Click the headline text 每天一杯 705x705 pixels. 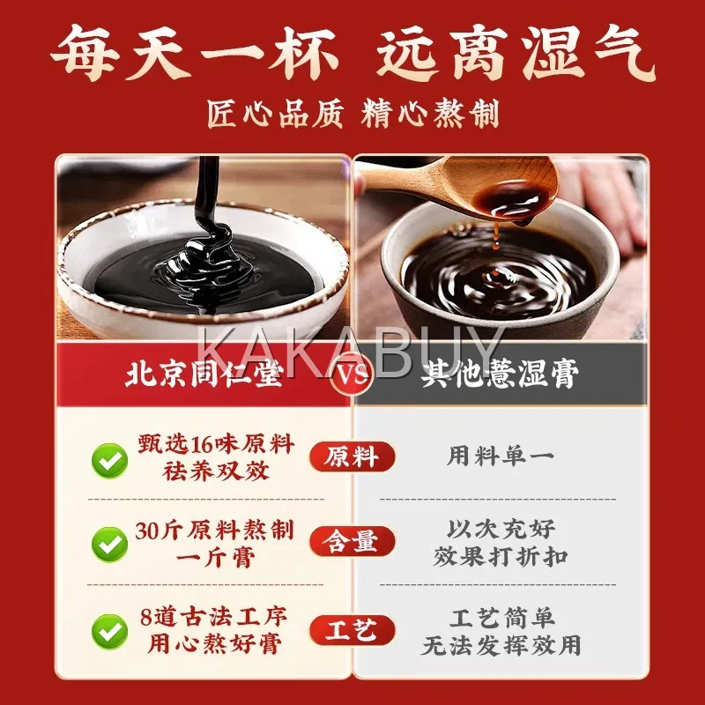coord(194,53)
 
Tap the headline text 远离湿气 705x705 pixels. coord(516,53)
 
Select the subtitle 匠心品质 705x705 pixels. coord(275,115)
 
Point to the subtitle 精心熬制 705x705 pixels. coord(430,115)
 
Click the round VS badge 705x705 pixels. coord(352,374)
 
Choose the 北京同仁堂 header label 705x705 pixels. coord(204,374)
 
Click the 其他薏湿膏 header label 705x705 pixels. coord(500,374)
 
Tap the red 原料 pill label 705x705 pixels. coord(352,456)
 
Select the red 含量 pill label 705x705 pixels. coord(352,541)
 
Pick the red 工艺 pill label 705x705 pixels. coord(352,630)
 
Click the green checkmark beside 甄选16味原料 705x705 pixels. coord(109,460)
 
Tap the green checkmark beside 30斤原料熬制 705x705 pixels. coord(109,545)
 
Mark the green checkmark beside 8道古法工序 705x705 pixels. coord(109,632)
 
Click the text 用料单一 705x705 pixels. coord(500,456)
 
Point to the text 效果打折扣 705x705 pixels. coord(501,557)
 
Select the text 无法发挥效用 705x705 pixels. coord(501,645)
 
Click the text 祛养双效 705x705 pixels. coord(216,471)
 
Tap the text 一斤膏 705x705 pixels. coord(216,558)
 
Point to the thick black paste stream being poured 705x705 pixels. coord(207,193)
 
